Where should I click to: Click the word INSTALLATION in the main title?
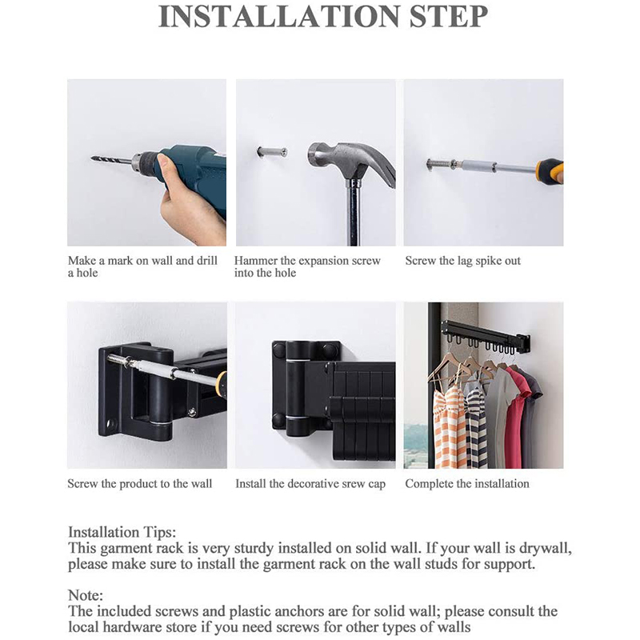(x=272, y=18)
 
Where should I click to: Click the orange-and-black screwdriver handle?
(x=550, y=170)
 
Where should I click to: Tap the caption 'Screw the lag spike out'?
(x=462, y=261)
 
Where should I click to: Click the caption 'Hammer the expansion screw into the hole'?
(x=307, y=266)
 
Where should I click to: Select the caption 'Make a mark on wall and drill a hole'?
(x=142, y=266)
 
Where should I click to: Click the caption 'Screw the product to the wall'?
(x=140, y=483)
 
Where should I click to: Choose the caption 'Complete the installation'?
(x=467, y=483)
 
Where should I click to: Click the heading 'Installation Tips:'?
(x=122, y=532)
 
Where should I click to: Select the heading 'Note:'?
(x=86, y=595)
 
